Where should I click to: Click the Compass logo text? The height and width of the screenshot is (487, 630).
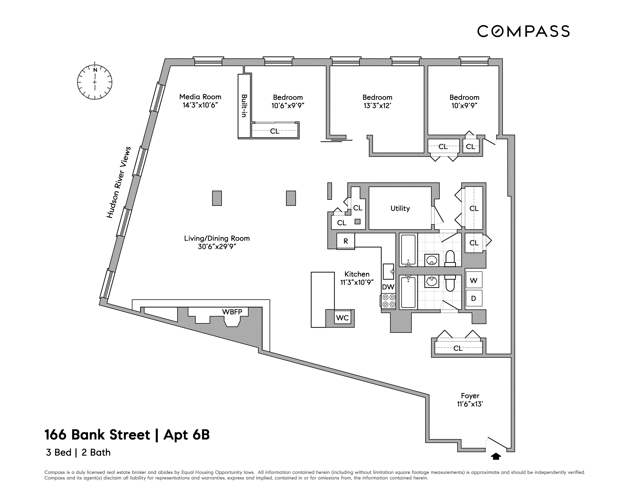click(x=523, y=31)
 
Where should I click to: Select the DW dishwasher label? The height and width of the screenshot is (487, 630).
click(x=388, y=287)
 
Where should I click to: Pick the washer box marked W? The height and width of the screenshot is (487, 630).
click(x=474, y=280)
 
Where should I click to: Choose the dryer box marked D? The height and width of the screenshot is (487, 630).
click(x=474, y=298)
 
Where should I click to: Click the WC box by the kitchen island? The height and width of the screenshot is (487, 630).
click(x=342, y=318)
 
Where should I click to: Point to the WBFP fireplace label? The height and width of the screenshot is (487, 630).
click(x=232, y=312)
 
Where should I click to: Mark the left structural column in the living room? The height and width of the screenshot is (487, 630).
click(x=217, y=198)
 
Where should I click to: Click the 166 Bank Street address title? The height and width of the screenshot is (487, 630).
click(x=127, y=435)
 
